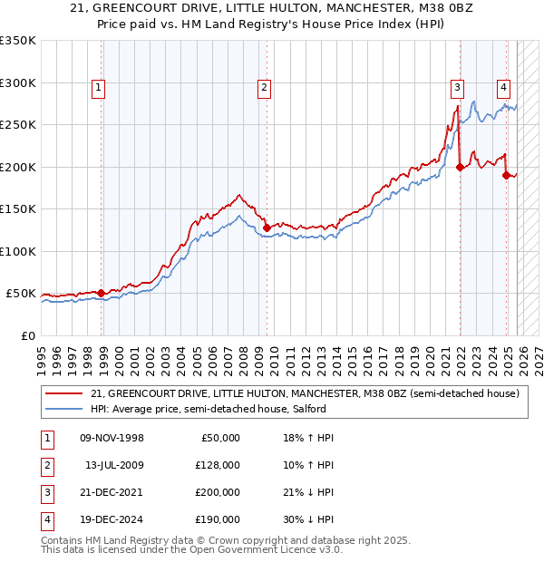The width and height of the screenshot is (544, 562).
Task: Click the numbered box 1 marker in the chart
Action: pyautogui.click(x=98, y=88)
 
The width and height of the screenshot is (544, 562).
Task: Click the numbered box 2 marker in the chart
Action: pyautogui.click(x=264, y=88)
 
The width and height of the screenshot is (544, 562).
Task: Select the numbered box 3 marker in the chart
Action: pyautogui.click(x=458, y=88)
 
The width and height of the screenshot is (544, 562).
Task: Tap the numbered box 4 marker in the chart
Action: pyautogui.click(x=502, y=88)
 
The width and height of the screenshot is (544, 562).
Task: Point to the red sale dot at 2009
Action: pyautogui.click(x=267, y=228)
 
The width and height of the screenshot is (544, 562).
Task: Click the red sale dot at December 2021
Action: pyautogui.click(x=461, y=167)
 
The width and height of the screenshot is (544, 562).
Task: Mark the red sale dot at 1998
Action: pyautogui.click(x=101, y=293)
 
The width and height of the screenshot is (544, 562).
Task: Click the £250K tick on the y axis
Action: pyautogui.click(x=18, y=124)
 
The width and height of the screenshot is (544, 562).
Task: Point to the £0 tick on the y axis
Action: pyautogui.click(x=27, y=335)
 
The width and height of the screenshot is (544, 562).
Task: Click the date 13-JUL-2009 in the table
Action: pyautogui.click(x=114, y=465)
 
